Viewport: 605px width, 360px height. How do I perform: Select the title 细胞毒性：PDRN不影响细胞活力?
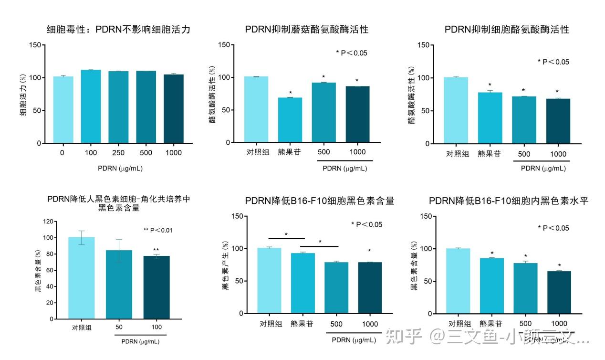coord(118,30)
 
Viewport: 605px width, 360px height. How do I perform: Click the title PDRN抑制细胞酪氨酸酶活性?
coord(506,30)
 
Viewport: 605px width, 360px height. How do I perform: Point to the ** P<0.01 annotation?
coord(158,230)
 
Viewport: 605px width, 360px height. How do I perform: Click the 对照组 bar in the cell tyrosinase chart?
coord(457,110)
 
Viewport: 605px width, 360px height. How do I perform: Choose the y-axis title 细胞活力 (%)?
coord(23,95)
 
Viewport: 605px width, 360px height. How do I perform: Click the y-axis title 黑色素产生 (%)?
coord(225,265)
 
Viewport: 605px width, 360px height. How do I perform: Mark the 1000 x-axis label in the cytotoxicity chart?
coord(174,153)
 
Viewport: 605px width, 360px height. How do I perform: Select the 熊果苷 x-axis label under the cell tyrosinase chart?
coord(490,154)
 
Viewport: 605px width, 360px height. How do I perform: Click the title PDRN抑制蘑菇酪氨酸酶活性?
coord(307,30)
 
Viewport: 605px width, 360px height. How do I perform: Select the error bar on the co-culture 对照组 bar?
coord(82,237)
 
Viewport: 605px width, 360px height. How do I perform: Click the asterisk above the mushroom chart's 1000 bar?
coord(357,80)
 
